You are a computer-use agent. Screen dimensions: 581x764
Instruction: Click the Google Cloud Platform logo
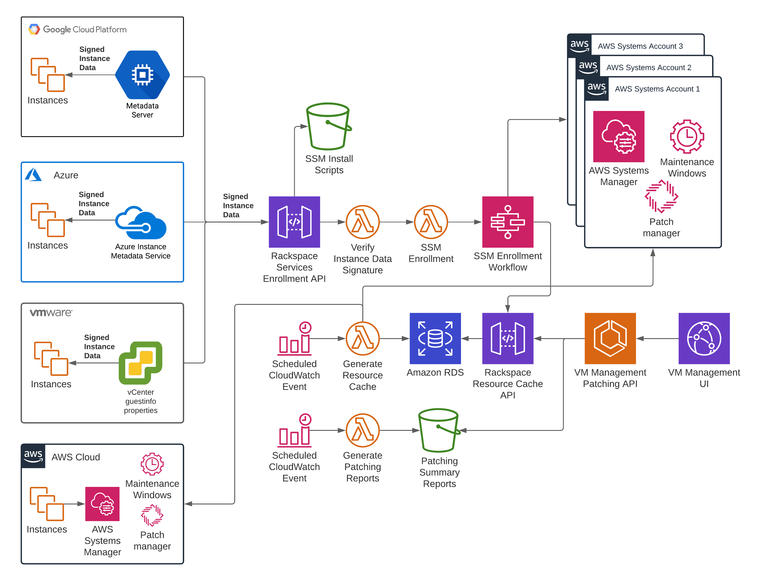click(x=34, y=29)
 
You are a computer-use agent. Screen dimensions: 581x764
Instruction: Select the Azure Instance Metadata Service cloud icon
click(x=141, y=223)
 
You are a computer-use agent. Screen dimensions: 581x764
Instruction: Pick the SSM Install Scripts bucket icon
click(x=329, y=126)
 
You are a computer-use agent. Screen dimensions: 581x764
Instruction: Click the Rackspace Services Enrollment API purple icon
click(x=294, y=222)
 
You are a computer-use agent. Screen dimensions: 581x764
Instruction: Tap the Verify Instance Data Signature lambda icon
click(x=362, y=222)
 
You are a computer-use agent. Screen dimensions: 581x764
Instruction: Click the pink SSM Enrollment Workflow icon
click(x=508, y=222)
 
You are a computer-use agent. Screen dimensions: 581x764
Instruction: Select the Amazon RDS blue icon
click(x=435, y=339)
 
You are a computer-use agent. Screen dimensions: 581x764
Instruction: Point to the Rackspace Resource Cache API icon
click(x=508, y=339)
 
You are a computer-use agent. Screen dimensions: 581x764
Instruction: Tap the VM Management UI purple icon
click(x=704, y=339)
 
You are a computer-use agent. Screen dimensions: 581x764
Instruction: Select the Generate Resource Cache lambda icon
click(x=362, y=339)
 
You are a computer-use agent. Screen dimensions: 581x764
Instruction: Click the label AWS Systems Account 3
click(x=640, y=46)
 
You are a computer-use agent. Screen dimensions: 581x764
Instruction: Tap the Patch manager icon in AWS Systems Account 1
click(x=661, y=196)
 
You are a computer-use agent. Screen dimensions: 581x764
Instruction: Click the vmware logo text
click(x=51, y=313)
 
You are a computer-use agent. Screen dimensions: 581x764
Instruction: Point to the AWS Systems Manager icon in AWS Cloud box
click(x=102, y=504)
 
